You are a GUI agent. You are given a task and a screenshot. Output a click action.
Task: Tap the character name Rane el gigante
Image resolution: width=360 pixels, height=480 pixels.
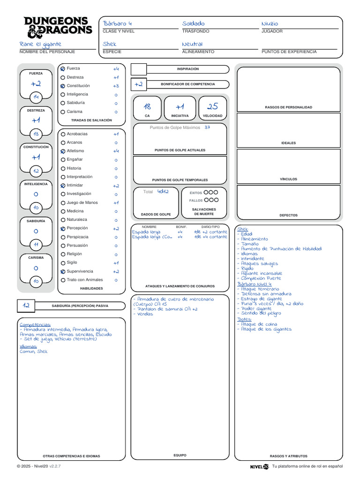[40, 44]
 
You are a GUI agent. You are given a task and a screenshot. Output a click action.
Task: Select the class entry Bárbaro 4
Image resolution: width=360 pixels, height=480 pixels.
[117, 23]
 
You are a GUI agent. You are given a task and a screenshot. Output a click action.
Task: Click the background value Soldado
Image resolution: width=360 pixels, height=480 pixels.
[193, 23]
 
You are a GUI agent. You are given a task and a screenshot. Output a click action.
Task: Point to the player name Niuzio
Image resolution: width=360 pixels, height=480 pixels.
[270, 23]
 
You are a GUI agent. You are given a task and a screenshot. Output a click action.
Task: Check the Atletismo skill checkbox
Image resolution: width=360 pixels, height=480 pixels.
[63, 151]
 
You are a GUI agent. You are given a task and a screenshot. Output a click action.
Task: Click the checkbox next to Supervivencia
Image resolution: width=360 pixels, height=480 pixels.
[63, 271]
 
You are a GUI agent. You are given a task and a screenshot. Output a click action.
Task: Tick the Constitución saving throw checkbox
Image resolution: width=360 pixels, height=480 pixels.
[63, 86]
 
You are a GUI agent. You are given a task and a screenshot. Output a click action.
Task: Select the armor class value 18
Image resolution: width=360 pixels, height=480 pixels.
[147, 106]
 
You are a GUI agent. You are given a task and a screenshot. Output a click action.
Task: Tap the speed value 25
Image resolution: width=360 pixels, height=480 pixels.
[212, 106]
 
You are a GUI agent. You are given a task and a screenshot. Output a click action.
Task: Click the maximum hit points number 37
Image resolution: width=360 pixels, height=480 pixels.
[207, 127]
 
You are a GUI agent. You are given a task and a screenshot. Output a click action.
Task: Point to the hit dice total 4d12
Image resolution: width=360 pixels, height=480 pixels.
[163, 191]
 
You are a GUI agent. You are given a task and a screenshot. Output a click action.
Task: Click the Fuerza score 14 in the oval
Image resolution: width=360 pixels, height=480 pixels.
[36, 97]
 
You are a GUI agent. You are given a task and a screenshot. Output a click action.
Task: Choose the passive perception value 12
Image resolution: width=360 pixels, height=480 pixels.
[26, 305]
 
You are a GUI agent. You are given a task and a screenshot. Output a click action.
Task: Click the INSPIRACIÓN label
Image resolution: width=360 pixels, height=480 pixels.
[187, 69]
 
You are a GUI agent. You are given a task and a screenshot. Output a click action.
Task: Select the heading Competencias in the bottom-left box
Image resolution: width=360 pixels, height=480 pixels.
[35, 324]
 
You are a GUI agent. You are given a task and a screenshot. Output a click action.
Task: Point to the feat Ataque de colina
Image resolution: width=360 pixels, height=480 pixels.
[259, 324]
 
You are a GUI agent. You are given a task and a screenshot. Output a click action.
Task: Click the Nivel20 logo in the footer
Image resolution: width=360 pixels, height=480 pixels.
[259, 466]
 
